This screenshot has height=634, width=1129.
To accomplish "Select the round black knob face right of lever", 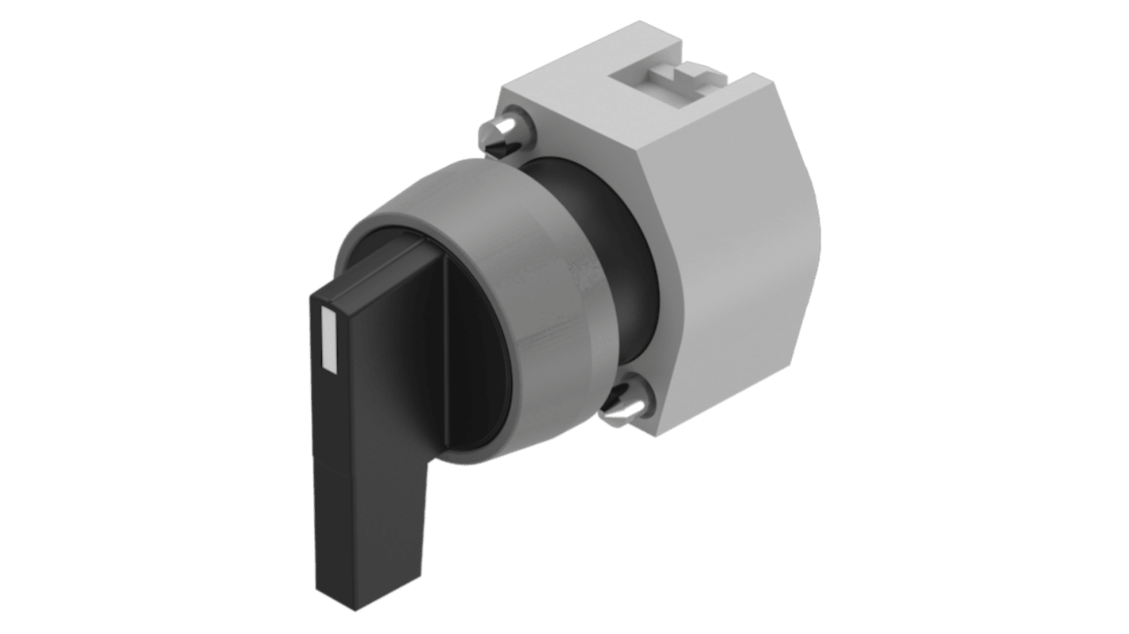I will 477,350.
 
